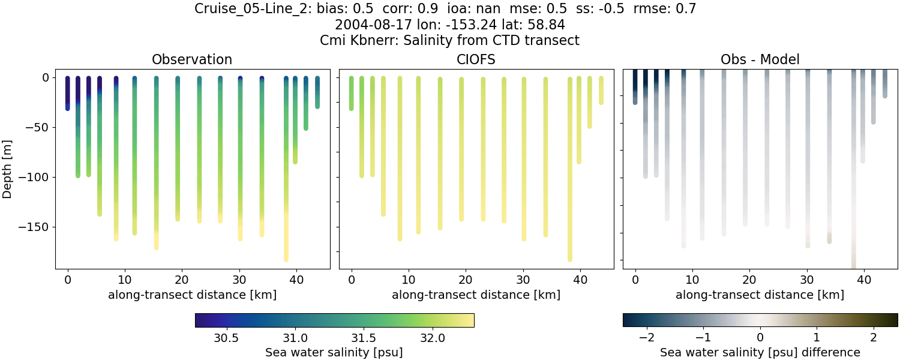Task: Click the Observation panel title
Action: click(x=192, y=59)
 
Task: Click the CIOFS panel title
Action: click(x=476, y=59)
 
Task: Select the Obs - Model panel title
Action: click(x=760, y=59)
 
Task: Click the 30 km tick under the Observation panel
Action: click(x=239, y=280)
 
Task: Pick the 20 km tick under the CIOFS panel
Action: click(x=466, y=280)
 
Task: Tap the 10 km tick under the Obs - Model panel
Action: click(x=692, y=280)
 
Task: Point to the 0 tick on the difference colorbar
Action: click(x=760, y=338)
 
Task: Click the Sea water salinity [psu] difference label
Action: click(x=760, y=352)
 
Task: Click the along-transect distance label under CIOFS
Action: click(x=476, y=295)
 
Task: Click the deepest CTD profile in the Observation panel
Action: click(x=286, y=180)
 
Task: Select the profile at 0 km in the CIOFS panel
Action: click(x=352, y=93)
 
